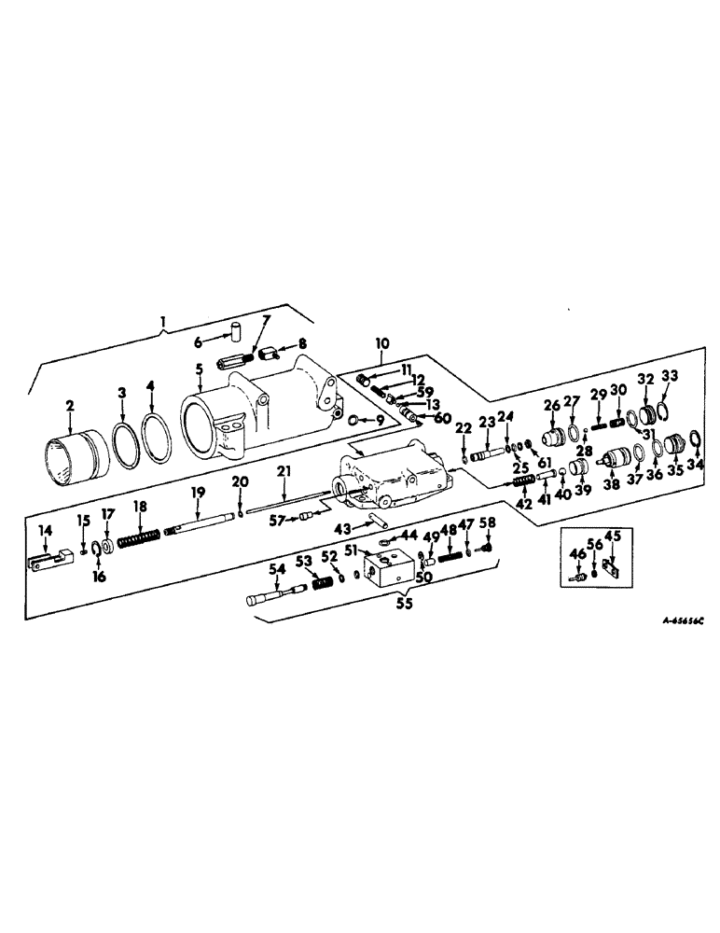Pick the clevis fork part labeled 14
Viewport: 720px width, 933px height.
[x=47, y=563]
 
